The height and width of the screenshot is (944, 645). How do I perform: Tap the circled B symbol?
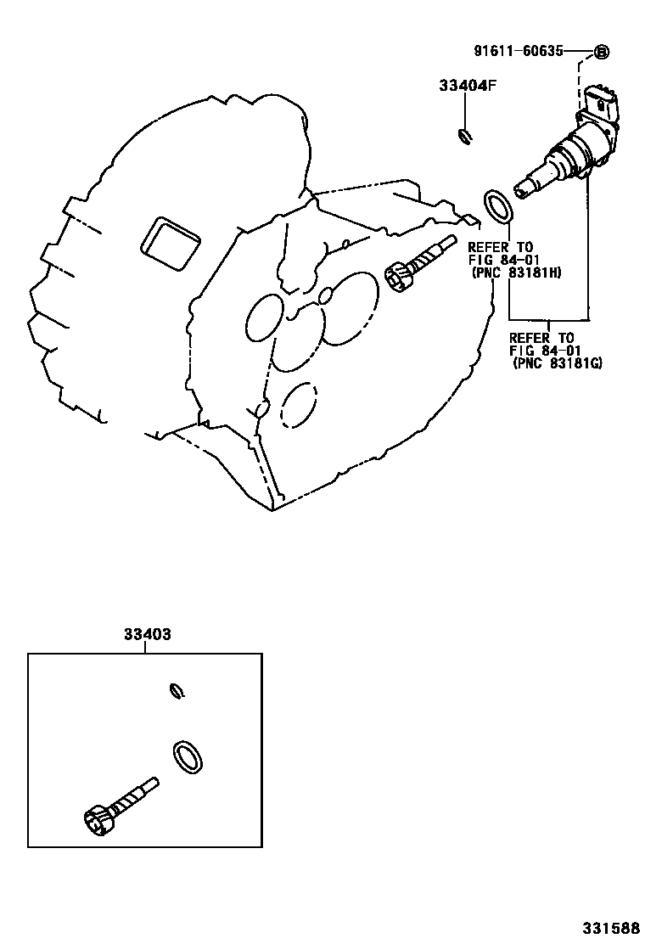(601, 52)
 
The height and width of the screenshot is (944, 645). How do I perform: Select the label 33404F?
(466, 86)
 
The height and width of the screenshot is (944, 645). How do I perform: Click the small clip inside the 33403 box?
(177, 689)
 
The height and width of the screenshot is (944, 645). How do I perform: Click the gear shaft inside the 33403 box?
(132, 795)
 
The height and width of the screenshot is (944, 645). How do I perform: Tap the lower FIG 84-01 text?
(541, 350)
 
